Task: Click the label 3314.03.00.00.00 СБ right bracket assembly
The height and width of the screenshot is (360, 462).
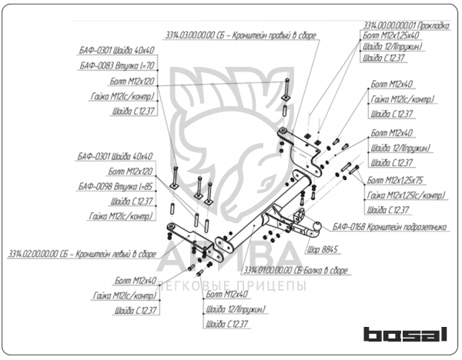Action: point(240,36)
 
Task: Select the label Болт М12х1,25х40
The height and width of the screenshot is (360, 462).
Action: point(390,35)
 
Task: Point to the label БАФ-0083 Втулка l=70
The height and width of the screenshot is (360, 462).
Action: point(117,67)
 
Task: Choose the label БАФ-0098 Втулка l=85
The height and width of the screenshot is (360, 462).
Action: point(116,187)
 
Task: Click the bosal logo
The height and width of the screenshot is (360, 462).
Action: point(406,335)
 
